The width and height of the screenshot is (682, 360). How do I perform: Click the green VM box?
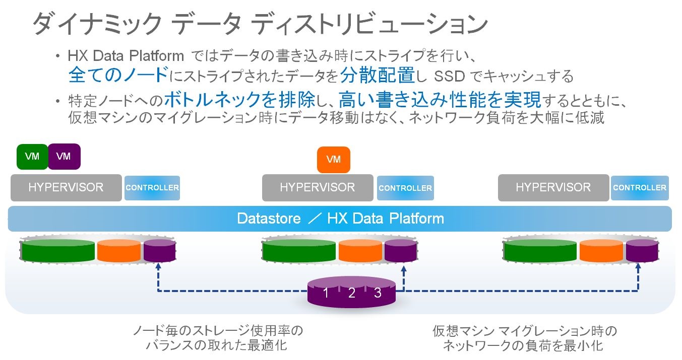click(32, 157)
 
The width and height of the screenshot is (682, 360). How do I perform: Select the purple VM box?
click(64, 157)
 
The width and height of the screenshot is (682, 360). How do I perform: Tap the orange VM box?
click(333, 160)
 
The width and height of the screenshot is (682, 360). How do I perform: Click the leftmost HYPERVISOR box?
click(66, 187)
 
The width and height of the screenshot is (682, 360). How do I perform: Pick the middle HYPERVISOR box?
click(318, 187)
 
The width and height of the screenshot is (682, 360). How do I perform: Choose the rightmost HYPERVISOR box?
click(553, 187)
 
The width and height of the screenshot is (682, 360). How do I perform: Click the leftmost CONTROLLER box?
click(152, 187)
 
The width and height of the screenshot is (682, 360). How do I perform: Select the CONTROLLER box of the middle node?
click(405, 188)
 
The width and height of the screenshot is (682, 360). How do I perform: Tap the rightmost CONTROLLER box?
click(640, 187)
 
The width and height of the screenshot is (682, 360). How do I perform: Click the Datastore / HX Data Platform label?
click(340, 219)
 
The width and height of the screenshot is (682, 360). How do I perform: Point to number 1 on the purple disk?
click(326, 293)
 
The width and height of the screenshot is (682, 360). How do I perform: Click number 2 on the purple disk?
click(352, 293)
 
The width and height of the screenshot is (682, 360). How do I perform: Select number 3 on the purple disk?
click(378, 293)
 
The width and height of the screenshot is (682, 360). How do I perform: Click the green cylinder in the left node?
click(58, 250)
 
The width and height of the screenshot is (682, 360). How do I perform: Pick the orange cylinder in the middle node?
click(360, 250)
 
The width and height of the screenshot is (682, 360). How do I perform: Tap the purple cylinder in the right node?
click(642, 250)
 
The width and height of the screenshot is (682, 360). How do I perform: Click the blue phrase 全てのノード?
click(118, 76)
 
